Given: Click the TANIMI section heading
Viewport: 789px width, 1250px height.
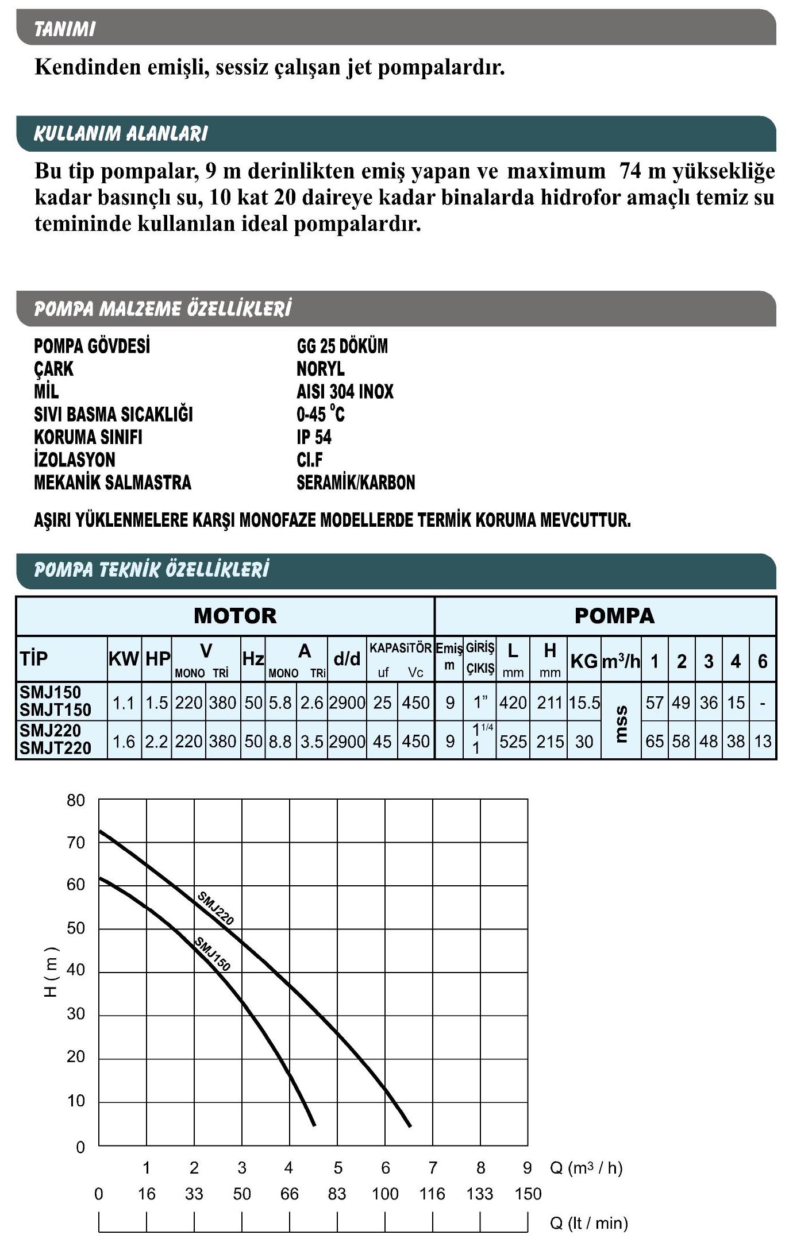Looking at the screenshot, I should coord(64,29).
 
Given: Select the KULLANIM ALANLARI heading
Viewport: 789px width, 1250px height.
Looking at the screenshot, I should coord(121,133).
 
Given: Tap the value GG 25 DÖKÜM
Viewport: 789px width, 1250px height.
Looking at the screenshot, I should coord(342,346).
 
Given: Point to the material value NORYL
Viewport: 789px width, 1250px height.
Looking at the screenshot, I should coord(320,368).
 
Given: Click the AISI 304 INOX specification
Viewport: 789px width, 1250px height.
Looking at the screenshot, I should coord(345,391).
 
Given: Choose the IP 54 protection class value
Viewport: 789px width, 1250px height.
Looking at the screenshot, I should coord(314,437).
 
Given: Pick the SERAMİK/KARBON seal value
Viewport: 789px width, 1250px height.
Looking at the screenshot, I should coord(356,483).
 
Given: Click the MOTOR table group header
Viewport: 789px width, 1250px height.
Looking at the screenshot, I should coord(235,616).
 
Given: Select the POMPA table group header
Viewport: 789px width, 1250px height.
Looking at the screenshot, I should coord(614,616).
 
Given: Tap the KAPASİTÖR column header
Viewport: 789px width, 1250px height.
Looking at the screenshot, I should coord(400,649).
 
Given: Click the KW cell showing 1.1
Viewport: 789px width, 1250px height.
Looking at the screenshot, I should coord(124,703).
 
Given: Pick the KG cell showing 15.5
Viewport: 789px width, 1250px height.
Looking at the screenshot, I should coord(584,703).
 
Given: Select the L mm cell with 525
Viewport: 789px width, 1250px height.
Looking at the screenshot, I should coord(513,742).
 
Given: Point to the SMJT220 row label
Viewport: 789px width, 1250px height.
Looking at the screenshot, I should coord(55,748).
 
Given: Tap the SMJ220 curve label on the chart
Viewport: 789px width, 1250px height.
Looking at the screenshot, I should coord(215,908).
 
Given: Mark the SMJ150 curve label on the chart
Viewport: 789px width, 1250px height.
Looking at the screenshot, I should coord(213,954).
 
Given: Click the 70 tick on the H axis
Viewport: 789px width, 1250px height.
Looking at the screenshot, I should coord(76,843).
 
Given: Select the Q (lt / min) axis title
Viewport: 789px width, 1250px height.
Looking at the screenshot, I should coord(588,1223).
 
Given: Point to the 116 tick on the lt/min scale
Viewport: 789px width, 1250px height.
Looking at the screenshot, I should coord(432,1194).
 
